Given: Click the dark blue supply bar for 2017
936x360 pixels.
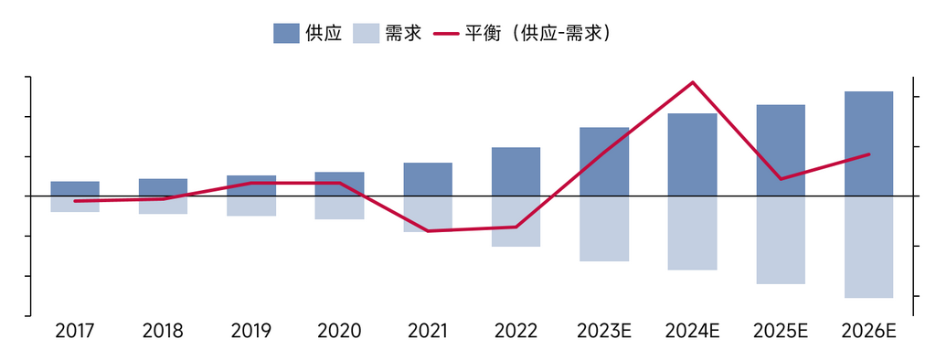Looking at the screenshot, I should [75, 188].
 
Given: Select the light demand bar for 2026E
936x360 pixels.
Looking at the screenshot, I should [868, 247].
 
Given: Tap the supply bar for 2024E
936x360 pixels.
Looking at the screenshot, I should [692, 154].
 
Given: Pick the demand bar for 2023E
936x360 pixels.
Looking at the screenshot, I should [604, 228].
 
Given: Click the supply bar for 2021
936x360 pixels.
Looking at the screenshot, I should [428, 179].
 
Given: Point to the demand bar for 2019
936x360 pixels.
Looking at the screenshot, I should [251, 206].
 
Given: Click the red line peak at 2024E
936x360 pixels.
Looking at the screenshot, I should [693, 82].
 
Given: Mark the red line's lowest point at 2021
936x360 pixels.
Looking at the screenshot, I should [428, 231].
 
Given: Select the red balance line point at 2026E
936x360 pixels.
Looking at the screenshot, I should [868, 154].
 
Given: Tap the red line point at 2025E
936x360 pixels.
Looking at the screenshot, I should [781, 178].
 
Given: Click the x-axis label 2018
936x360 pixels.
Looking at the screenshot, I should [163, 331].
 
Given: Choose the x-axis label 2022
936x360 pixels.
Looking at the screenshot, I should [516, 331].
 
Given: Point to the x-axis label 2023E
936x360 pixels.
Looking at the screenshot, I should [604, 331].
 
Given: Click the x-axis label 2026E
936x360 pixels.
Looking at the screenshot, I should [868, 331].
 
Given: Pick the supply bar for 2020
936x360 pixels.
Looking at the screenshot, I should [339, 184].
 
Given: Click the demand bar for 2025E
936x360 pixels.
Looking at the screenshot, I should [781, 239].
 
